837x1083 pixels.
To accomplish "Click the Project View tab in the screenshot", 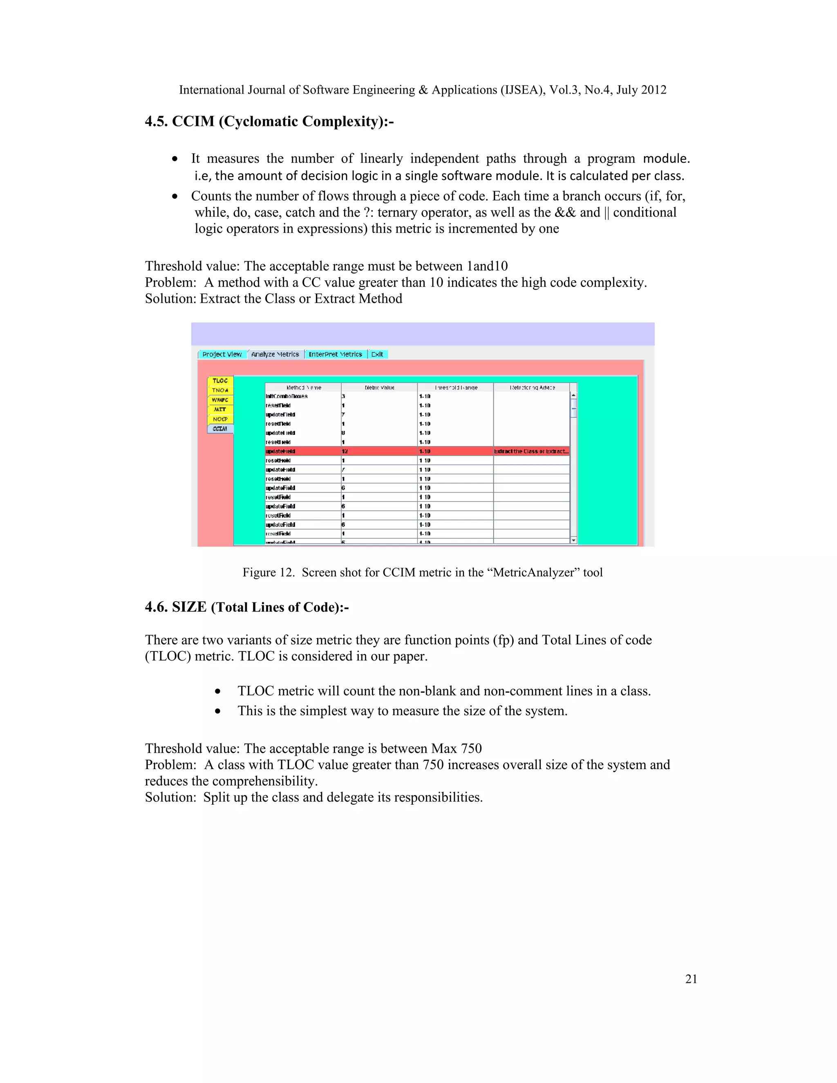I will pyautogui.click(x=222, y=354).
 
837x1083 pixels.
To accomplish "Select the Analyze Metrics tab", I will pyautogui.click(x=275, y=354).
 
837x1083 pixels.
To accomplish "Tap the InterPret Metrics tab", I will pyautogui.click(x=335, y=354).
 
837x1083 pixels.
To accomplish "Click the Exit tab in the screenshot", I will pyautogui.click(x=377, y=354).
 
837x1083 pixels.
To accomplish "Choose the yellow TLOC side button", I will pyautogui.click(x=220, y=381).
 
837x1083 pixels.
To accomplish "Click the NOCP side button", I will pyautogui.click(x=220, y=419).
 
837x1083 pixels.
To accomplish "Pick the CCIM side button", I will pyautogui.click(x=220, y=428).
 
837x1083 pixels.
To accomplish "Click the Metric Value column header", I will pyautogui.click(x=379, y=387).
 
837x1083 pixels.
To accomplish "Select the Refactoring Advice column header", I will pyautogui.click(x=532, y=387).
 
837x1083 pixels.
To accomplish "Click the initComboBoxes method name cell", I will pyautogui.click(x=286, y=396).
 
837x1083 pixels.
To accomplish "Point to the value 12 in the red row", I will pyautogui.click(x=345, y=451).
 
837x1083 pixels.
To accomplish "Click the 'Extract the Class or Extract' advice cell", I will pyautogui.click(x=531, y=451).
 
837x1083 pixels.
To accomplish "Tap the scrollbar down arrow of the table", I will pyautogui.click(x=574, y=540).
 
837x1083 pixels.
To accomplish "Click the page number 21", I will pyautogui.click(x=691, y=979).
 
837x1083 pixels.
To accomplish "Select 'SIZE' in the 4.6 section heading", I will pyautogui.click(x=189, y=607).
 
